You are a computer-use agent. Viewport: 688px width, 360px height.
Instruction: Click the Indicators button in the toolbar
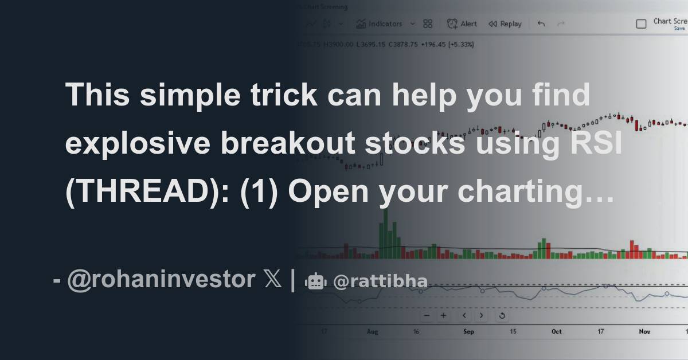point(379,24)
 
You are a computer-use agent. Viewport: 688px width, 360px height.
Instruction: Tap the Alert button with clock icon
point(462,24)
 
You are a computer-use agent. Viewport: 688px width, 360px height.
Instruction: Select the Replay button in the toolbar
point(505,24)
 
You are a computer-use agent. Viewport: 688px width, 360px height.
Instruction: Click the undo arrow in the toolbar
point(541,24)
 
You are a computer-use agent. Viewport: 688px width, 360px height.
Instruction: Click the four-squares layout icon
point(428,24)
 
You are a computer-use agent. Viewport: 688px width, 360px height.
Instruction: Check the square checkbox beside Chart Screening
point(642,24)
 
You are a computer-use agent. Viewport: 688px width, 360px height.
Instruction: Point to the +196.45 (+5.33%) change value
point(447,44)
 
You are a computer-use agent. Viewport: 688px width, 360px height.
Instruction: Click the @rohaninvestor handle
point(161,280)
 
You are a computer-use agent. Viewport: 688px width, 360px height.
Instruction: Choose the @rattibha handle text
point(380,281)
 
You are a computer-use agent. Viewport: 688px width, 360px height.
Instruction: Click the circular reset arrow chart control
point(502,315)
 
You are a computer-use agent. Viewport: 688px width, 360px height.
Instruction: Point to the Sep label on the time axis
point(468,331)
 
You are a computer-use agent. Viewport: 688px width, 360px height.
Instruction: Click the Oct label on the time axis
point(556,331)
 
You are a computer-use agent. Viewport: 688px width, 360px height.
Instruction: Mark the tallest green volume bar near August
point(386,232)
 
